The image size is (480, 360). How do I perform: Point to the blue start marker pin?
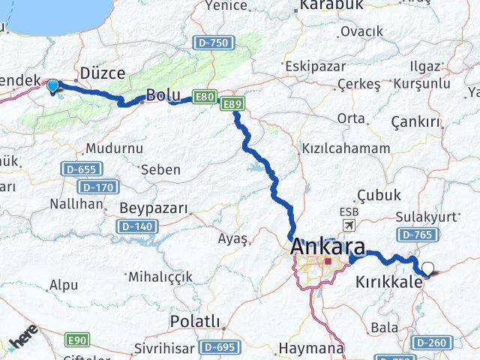click(52, 87)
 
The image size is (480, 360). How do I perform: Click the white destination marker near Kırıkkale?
click(427, 268)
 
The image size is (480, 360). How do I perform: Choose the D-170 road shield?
click(97, 187)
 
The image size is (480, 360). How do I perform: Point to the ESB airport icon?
click(348, 225)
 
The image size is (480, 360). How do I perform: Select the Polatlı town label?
click(195, 322)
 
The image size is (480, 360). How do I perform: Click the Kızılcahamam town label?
click(345, 148)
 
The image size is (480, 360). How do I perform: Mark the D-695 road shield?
click(219, 346)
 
